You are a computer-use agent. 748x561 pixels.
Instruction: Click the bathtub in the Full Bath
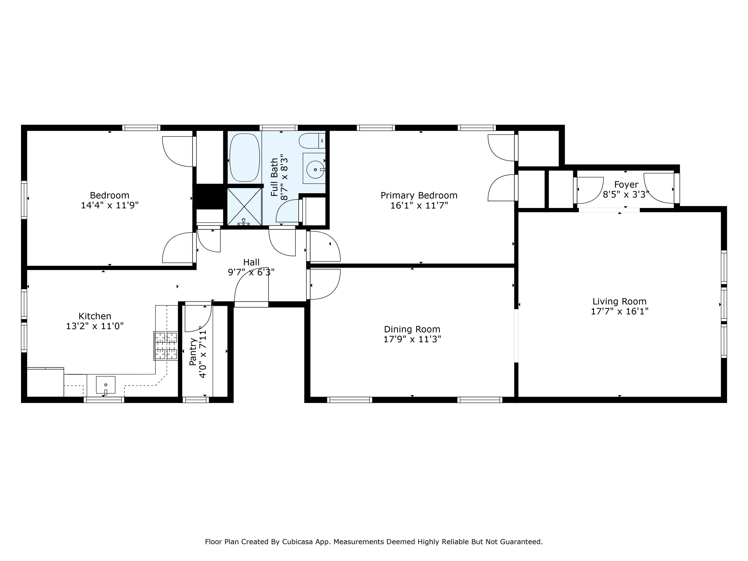click(x=244, y=157)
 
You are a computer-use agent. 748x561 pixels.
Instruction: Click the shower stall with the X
click(x=244, y=206)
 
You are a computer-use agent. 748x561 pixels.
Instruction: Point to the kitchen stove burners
click(x=166, y=346)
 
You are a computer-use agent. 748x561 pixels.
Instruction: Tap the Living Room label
click(x=619, y=301)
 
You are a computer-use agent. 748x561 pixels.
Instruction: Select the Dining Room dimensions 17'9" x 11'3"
click(x=412, y=339)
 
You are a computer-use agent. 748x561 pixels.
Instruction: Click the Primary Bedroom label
click(x=419, y=196)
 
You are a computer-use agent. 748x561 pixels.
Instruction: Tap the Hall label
click(x=251, y=262)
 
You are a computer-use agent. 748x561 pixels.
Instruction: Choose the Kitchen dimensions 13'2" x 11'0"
click(x=95, y=326)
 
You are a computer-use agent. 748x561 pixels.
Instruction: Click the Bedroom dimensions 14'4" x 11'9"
click(x=110, y=205)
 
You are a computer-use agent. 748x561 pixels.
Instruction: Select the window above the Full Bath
click(x=279, y=128)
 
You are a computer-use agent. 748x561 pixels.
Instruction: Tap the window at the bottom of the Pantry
click(x=196, y=400)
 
